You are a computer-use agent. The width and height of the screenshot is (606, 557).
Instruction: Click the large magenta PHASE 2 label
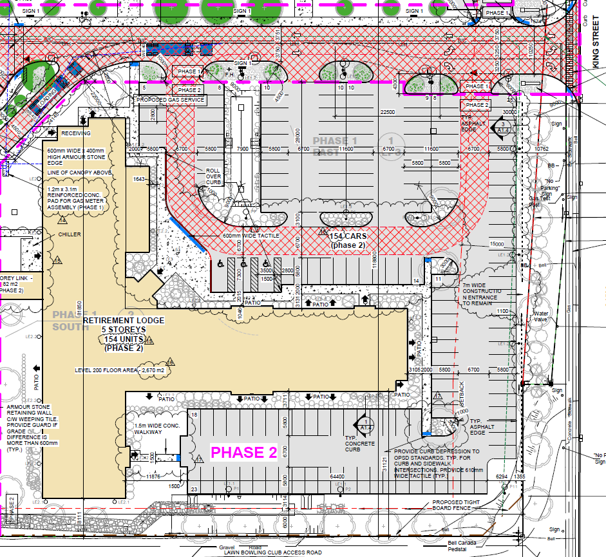[x=245, y=453]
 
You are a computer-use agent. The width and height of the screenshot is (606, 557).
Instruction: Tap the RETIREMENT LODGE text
[x=124, y=320]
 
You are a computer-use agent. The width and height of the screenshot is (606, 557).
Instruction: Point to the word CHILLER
[x=70, y=234]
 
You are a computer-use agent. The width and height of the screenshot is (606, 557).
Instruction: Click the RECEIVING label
[x=77, y=133]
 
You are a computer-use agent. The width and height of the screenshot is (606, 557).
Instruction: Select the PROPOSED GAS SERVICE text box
[x=171, y=100]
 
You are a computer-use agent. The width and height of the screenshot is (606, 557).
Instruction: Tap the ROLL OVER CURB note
[x=213, y=176]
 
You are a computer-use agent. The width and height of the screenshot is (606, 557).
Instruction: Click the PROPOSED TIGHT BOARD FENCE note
[x=455, y=505]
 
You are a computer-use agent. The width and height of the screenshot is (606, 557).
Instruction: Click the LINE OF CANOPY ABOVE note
[x=80, y=173]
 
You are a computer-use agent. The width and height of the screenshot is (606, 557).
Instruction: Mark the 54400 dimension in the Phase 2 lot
[x=337, y=477]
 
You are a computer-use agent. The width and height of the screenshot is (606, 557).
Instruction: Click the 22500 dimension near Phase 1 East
[x=388, y=112]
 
